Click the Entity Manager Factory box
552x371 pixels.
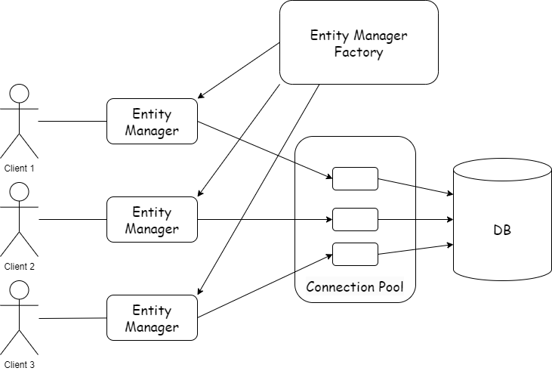pos(359,42)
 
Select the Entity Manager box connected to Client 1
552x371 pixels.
pos(152,122)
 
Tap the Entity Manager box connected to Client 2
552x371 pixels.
pos(152,220)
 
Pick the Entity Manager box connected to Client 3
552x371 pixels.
pos(152,318)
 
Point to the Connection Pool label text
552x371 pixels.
pos(355,287)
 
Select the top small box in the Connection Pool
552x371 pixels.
pos(355,178)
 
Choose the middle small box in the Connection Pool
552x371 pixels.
pos(355,220)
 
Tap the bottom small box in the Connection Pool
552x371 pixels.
pos(355,255)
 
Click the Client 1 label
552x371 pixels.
pos(20,168)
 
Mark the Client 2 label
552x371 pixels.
pos(20,266)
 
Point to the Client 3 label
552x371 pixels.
pos(20,364)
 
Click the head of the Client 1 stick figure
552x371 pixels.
pos(20,94)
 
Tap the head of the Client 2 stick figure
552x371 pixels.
pos(20,192)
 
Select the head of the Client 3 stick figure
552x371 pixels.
pos(20,290)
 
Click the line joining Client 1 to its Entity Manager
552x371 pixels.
pos(72,121)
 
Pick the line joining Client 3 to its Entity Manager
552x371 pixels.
pos(72,318)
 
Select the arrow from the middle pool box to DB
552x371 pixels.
pos(415,220)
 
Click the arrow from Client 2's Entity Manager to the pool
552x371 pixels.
pos(264,220)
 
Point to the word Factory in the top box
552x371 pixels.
pos(359,53)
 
